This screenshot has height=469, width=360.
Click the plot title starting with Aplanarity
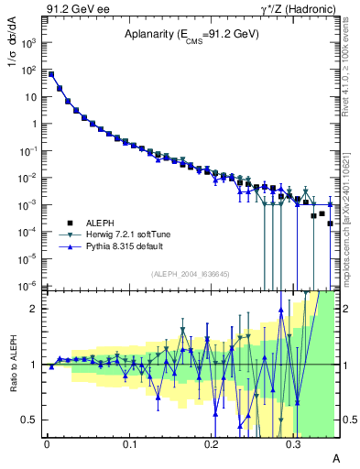tap(192, 35)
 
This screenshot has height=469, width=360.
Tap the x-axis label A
tap(335, 456)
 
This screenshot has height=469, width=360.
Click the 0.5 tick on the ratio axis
tap(31, 420)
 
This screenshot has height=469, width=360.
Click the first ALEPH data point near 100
tap(51, 75)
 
